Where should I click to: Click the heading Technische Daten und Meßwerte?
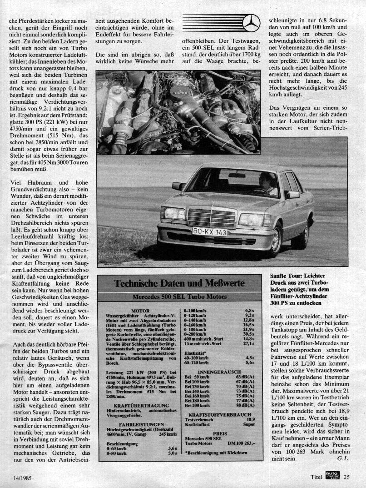point(179,283)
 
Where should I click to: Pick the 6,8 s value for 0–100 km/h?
point(249,310)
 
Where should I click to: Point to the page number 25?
point(346,478)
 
